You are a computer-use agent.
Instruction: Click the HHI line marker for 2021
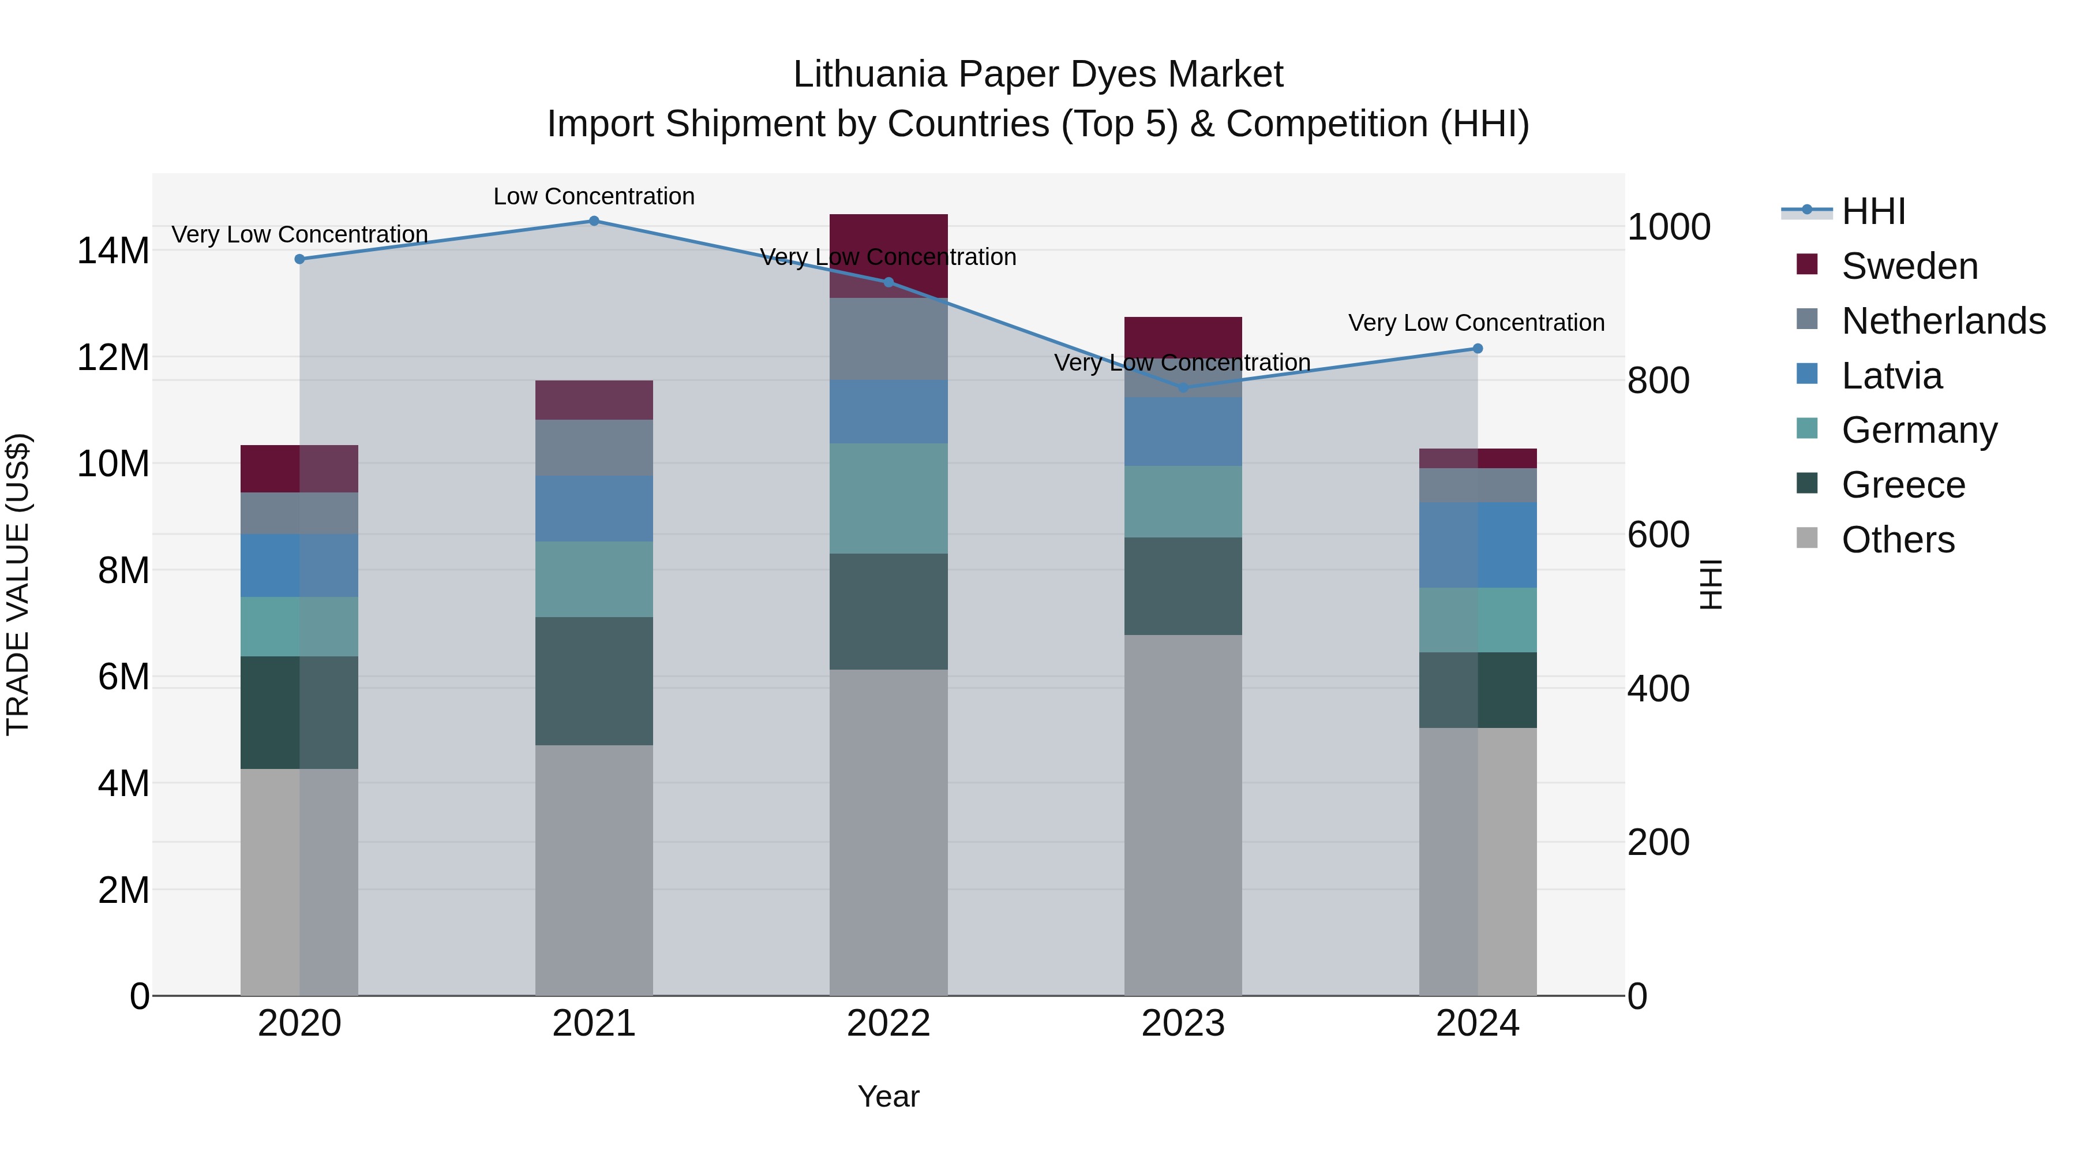click(594, 221)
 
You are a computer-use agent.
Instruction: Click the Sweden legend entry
click(1909, 266)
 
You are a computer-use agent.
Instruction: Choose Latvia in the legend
click(1892, 376)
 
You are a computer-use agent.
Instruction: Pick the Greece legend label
click(1903, 485)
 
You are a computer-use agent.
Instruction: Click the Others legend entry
click(1898, 540)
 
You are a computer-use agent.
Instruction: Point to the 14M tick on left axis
click(113, 251)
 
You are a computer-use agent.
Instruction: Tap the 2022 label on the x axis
click(888, 1024)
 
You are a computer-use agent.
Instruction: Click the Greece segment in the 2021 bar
click(594, 681)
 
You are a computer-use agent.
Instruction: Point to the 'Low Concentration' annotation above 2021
click(594, 196)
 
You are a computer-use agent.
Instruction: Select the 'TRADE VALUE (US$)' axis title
click(18, 584)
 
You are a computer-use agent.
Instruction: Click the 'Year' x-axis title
click(888, 1096)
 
